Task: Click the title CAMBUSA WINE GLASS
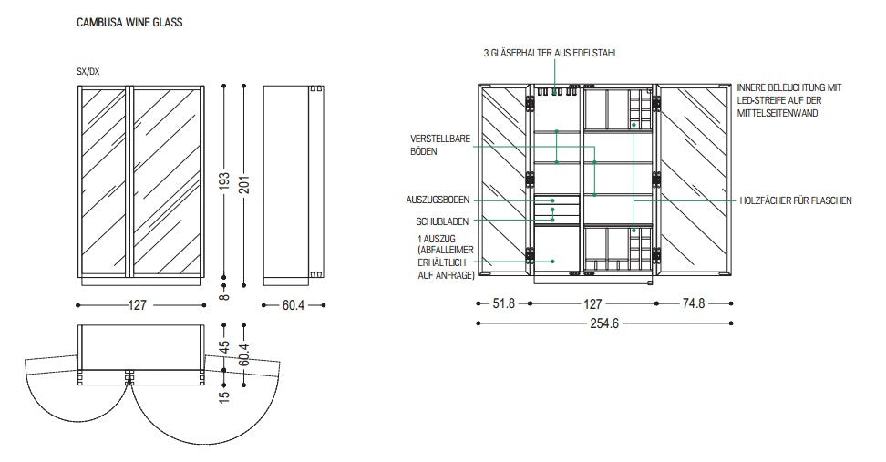[129, 23]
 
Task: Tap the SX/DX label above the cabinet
[88, 72]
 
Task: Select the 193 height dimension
[224, 181]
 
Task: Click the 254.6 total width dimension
[604, 323]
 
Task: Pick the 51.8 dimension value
[503, 303]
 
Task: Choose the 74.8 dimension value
[694, 303]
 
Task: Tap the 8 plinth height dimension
[224, 296]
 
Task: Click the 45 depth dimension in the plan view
[224, 347]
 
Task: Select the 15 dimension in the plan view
[224, 396]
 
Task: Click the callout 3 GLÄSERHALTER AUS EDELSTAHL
[551, 53]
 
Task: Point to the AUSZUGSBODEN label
[438, 200]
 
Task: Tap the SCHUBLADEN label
[442, 221]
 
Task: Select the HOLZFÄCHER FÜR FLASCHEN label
[796, 200]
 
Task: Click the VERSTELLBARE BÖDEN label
[440, 145]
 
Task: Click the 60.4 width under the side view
[294, 305]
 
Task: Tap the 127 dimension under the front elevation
[138, 305]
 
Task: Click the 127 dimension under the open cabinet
[592, 304]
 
